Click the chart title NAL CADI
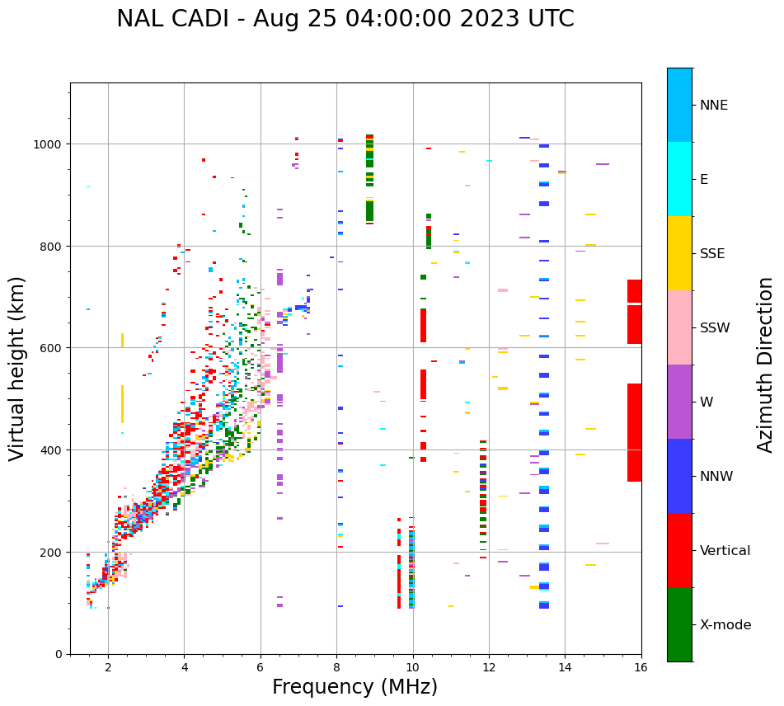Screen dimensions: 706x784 [345, 19]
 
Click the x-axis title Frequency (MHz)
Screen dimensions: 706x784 [354, 687]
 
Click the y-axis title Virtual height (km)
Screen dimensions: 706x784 [17, 368]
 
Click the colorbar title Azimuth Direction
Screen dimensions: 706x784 [766, 365]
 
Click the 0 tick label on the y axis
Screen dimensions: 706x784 [59, 654]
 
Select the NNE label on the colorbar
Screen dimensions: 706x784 [714, 106]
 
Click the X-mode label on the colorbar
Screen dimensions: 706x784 [725, 625]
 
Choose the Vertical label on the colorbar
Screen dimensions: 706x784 [725, 551]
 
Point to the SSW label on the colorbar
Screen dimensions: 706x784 [715, 328]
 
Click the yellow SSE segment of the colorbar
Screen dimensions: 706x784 [679, 253]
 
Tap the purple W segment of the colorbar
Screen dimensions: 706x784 [679, 402]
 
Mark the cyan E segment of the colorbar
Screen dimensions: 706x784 [679, 179]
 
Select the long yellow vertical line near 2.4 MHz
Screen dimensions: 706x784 [122, 404]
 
